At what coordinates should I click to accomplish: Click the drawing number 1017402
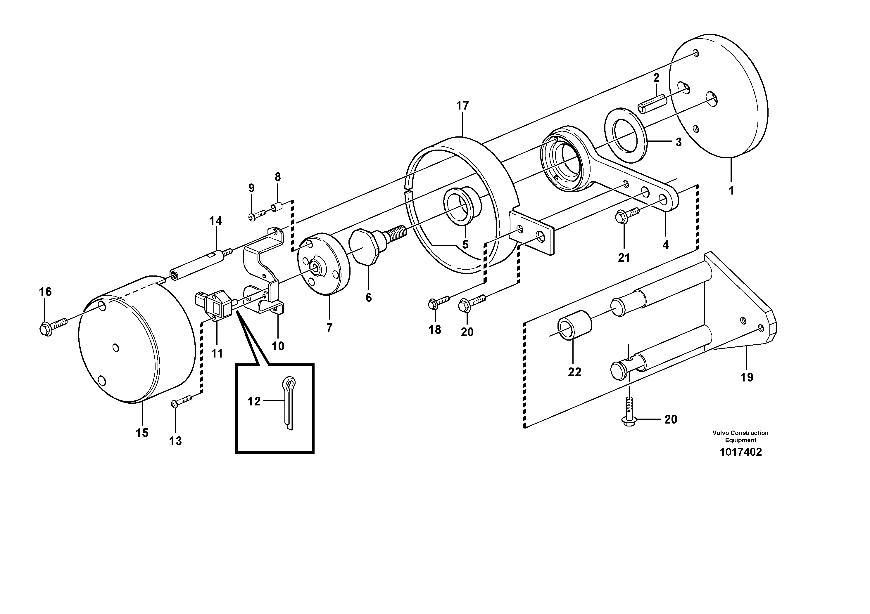(740, 452)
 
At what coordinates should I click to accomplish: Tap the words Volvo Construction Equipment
(740, 436)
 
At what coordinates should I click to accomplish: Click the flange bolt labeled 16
(53, 326)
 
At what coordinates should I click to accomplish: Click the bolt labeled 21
(627, 215)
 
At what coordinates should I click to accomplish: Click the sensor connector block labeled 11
(215, 306)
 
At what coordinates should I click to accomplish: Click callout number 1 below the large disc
(732, 190)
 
